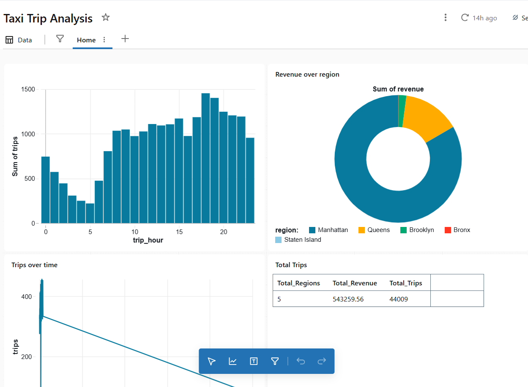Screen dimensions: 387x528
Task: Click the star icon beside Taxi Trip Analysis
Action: (x=106, y=17)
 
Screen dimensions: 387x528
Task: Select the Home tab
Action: (x=86, y=40)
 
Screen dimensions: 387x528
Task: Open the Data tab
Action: (x=19, y=40)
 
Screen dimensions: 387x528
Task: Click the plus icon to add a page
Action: (x=125, y=39)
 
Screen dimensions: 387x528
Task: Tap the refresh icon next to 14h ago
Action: (x=465, y=17)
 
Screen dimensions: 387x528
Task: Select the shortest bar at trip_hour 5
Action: (x=90, y=213)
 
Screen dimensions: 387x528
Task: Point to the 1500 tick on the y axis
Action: (x=29, y=89)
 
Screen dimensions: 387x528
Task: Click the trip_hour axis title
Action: (x=148, y=240)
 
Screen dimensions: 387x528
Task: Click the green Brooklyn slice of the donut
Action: (x=402, y=111)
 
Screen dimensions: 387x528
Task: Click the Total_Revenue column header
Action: (x=355, y=283)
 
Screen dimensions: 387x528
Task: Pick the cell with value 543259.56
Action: (x=348, y=299)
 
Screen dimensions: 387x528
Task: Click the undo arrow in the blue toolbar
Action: (x=301, y=361)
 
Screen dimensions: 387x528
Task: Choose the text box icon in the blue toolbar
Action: (x=254, y=361)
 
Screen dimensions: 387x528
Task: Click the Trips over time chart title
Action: (x=34, y=265)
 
